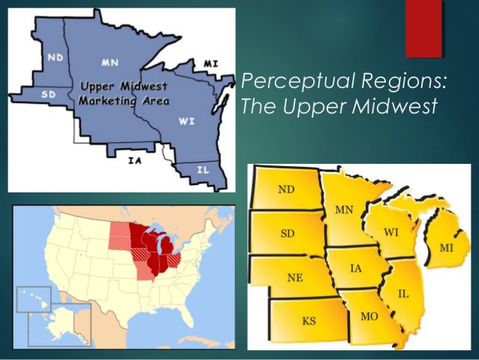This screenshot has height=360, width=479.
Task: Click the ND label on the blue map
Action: click(55, 57)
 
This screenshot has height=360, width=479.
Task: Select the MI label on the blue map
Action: click(211, 63)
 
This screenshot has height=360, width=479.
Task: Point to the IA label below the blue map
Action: click(135, 159)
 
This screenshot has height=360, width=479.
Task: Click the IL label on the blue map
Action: click(203, 170)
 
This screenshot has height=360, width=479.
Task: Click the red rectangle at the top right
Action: click(423, 29)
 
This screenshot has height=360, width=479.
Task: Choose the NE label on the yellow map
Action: click(295, 277)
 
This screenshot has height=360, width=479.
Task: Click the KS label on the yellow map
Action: click(309, 321)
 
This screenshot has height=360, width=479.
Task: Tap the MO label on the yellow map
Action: click(369, 316)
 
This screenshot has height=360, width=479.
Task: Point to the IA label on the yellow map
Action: click(357, 268)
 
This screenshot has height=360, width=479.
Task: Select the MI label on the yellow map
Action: click(446, 247)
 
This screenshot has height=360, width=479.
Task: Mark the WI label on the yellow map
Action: click(391, 232)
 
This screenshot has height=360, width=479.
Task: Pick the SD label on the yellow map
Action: click(287, 234)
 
